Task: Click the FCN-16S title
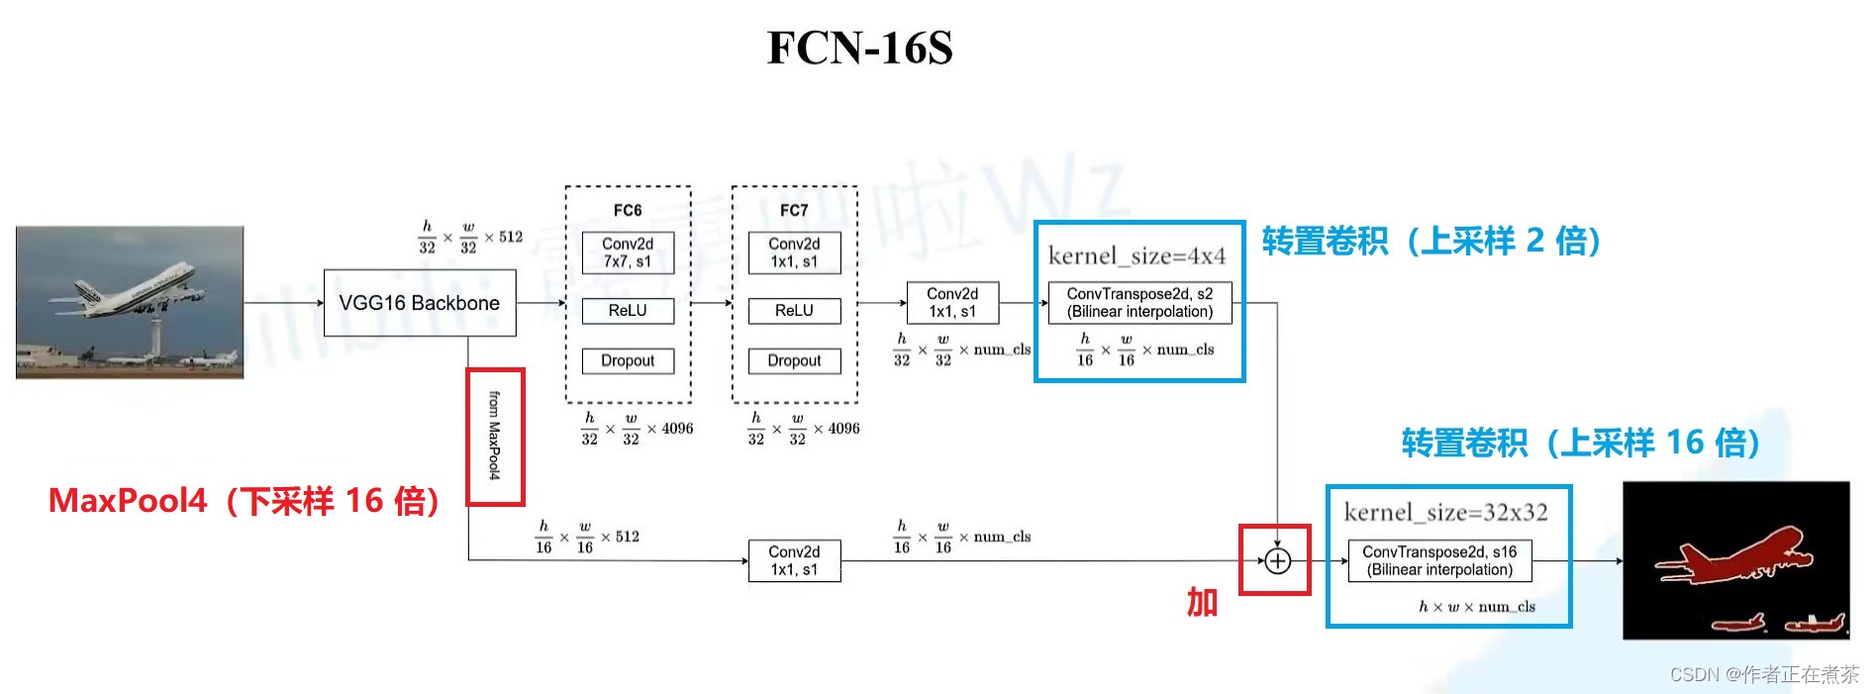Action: tap(859, 48)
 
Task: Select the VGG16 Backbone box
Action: tap(420, 303)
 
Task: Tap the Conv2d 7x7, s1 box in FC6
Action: tap(628, 252)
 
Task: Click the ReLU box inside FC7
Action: tap(794, 311)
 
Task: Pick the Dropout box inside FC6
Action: tap(628, 361)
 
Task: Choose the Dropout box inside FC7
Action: tap(794, 361)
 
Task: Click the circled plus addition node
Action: tap(1278, 561)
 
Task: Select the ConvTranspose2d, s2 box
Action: tap(1139, 303)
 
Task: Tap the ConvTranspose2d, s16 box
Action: tap(1439, 560)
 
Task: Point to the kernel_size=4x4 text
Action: tap(1136, 256)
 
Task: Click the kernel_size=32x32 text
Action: tap(1445, 512)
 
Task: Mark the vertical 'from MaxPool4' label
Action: tap(494, 436)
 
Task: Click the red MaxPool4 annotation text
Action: tap(244, 501)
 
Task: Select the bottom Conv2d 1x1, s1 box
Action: tap(794, 560)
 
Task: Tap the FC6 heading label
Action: tap(628, 210)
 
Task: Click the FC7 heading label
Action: tap(794, 210)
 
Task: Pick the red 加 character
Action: tap(1202, 602)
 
